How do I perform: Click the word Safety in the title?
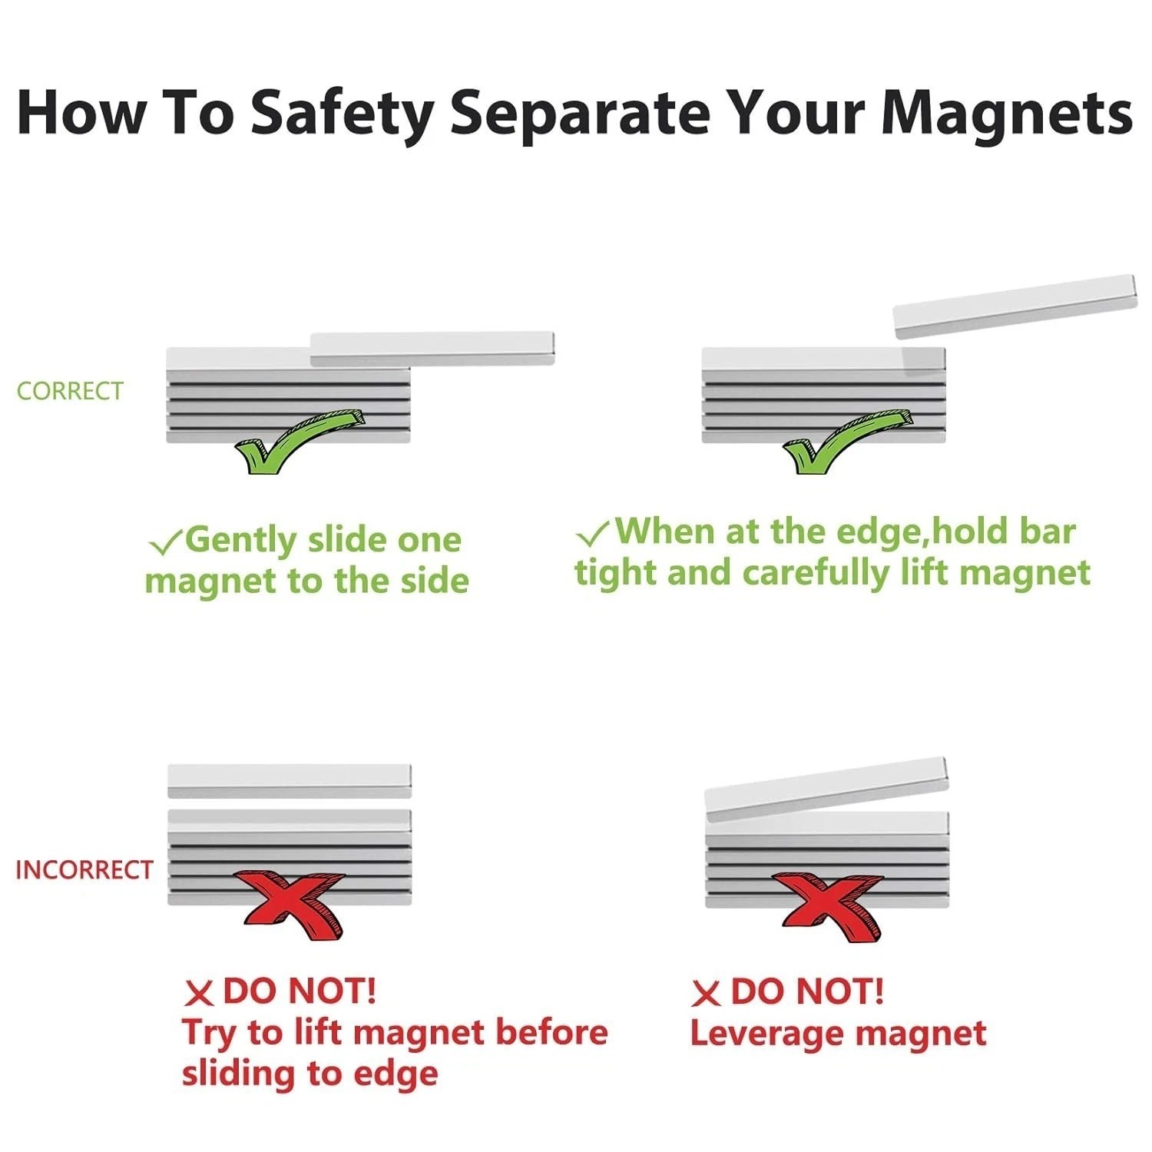342,113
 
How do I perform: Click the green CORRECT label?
70,391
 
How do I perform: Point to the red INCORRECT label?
84,870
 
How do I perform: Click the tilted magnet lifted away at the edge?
1015,306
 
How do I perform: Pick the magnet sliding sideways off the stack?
432,349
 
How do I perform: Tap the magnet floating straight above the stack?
290,781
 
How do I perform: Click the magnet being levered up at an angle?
826,791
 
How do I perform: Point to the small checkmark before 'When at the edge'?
593,533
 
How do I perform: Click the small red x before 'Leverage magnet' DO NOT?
706,994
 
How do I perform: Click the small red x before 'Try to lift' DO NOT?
199,994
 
